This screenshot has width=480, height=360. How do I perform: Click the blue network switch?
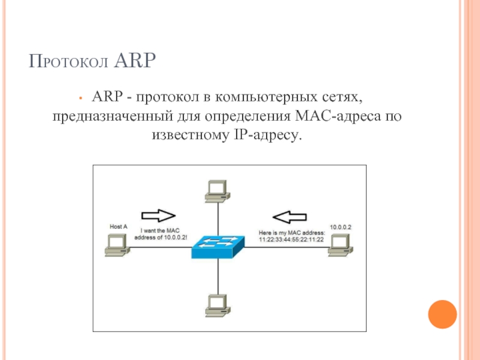point(218,245)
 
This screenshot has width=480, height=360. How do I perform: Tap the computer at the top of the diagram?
point(216,190)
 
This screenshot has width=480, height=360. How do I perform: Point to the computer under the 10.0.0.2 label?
point(340,244)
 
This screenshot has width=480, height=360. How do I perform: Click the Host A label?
point(118,227)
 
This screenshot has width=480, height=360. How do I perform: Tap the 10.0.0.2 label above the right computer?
point(340,227)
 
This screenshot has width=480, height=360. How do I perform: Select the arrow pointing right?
point(157,215)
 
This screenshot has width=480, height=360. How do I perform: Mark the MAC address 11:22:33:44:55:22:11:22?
point(291,239)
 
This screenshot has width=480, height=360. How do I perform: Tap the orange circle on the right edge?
point(442,313)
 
